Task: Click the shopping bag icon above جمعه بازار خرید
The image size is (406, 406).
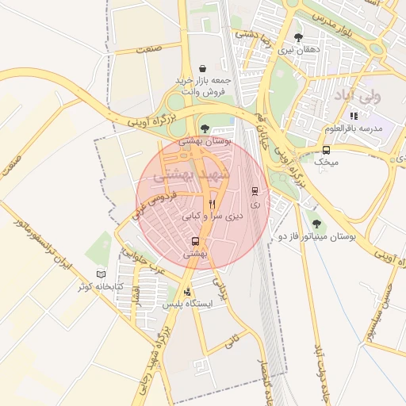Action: pos(203,68)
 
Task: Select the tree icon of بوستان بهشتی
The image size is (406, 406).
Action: pos(205,128)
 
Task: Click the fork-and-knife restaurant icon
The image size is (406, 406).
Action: pos(212,204)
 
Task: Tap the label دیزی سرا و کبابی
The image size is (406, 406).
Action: pos(213,216)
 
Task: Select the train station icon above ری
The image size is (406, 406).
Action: pos(255,191)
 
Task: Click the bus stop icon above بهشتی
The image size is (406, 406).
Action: pos(195,241)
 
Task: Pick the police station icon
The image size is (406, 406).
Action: pos(186,292)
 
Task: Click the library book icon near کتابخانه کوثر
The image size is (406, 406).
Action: pos(101,274)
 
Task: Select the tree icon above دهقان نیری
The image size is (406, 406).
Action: pos(298,37)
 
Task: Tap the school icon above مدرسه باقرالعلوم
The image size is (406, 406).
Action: pos(354,116)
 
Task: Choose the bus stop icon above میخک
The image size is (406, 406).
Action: pos(326,149)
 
